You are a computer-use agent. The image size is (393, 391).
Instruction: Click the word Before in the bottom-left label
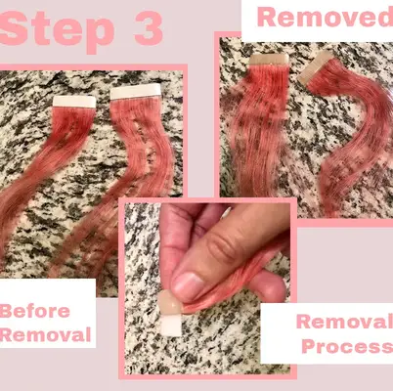(x=36, y=312)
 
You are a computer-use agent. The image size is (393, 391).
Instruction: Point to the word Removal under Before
(x=45, y=335)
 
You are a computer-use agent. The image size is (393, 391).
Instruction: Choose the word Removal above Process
(x=344, y=322)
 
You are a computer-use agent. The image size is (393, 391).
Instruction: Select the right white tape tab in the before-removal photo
(x=136, y=91)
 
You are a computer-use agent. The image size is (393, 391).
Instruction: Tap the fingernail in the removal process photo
(x=191, y=285)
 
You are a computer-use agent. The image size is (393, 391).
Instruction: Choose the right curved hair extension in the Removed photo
(x=337, y=137)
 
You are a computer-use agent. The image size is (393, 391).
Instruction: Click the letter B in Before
(x=9, y=312)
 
